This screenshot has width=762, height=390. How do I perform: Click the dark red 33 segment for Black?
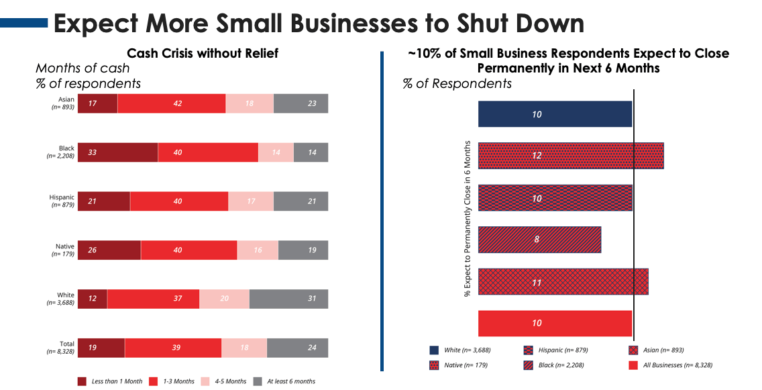pyautogui.click(x=117, y=152)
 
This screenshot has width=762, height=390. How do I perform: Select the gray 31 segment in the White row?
pyautogui.click(x=288, y=299)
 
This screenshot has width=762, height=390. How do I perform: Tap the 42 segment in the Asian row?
pyautogui.click(x=171, y=103)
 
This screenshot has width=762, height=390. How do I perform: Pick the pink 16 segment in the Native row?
pyautogui.click(x=257, y=250)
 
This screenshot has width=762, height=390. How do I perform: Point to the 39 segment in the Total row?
pyautogui.click(x=172, y=348)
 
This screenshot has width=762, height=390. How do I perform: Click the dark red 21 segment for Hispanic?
pyautogui.click(x=103, y=201)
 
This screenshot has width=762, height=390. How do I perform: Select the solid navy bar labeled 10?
pyautogui.click(x=555, y=114)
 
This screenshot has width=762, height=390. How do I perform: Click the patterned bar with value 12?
pyautogui.click(x=570, y=156)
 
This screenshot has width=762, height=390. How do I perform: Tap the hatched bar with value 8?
pyautogui.click(x=539, y=240)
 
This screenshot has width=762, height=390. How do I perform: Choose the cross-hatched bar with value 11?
pyautogui.click(x=563, y=281)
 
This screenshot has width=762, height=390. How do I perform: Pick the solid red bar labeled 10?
pyautogui.click(x=555, y=323)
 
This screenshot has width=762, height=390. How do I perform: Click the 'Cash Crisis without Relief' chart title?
pyautogui.click(x=203, y=53)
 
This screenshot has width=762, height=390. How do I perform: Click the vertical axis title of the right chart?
pyautogui.click(x=467, y=219)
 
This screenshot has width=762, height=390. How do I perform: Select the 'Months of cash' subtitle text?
pyautogui.click(x=83, y=68)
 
